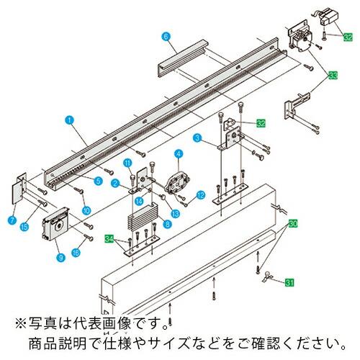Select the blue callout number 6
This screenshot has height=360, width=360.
[x=165, y=35]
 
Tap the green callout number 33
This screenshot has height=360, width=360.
[x=333, y=75]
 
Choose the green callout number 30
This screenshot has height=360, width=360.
[x=293, y=224]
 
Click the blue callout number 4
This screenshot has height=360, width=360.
[x=177, y=152]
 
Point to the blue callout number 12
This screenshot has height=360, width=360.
[x=201, y=195]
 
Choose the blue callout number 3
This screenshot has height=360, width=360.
[x=195, y=137]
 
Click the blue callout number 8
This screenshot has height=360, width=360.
[x=167, y=225]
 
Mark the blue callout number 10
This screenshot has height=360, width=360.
[x=87, y=210]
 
